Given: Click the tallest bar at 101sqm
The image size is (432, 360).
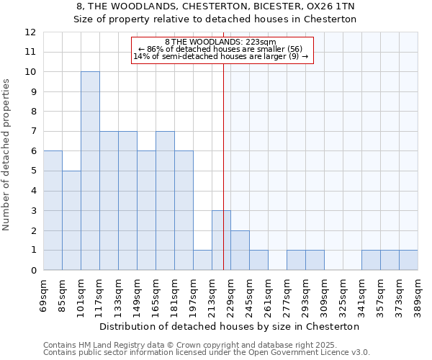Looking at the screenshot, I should [90, 171].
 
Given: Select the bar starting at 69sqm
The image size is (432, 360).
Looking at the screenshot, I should [53, 210].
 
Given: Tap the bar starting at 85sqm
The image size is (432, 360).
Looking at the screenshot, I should [71, 220].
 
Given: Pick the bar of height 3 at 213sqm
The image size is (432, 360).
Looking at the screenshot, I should [221, 240].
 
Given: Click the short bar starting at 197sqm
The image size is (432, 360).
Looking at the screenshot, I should [202, 260].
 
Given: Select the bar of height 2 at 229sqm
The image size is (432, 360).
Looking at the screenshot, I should [240, 251].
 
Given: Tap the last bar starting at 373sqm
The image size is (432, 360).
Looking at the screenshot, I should [408, 260].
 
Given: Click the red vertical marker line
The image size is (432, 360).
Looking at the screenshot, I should [224, 180].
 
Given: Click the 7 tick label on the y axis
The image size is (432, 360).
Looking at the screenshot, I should [33, 132].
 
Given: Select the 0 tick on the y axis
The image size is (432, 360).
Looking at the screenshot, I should [33, 271].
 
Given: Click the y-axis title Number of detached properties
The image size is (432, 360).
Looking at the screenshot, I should [7, 155].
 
